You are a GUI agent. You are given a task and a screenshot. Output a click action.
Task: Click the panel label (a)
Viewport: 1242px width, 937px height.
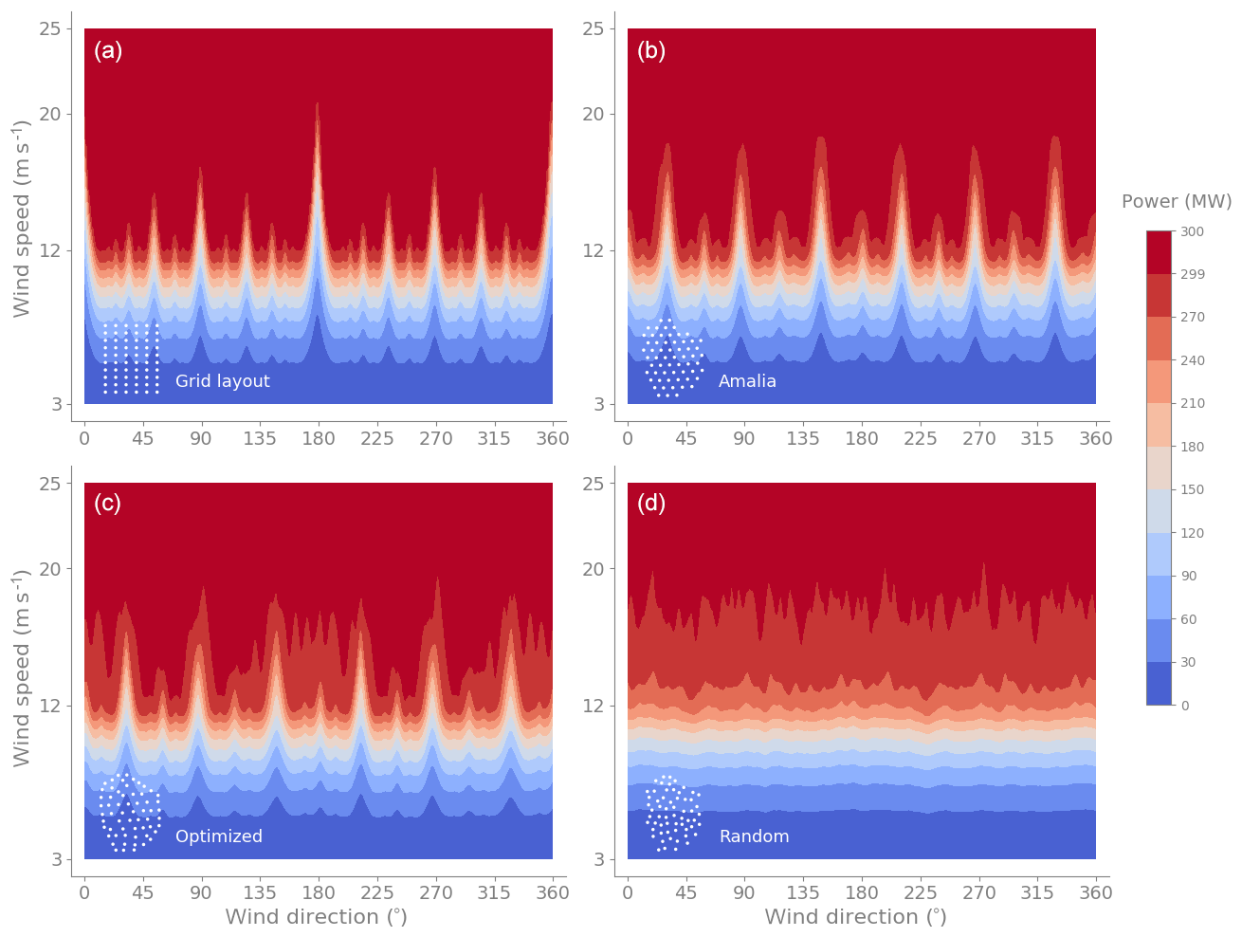108,51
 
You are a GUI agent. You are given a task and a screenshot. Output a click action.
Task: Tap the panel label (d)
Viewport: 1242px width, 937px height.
651,504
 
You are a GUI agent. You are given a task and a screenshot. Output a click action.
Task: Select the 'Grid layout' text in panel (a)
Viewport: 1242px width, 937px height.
223,381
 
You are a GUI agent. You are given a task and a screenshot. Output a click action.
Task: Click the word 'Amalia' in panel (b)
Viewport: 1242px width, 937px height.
747,381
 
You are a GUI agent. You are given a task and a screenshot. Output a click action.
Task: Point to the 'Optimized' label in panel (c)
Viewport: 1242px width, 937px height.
219,836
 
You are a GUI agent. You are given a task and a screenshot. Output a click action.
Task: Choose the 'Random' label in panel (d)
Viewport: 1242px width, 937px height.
754,836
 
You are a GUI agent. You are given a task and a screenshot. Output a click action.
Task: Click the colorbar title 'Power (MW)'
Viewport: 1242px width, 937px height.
1177,202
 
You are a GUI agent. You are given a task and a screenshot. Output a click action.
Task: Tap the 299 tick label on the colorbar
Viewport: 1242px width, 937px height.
1192,275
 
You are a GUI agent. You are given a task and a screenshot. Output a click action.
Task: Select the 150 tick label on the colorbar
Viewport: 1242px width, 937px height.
1192,490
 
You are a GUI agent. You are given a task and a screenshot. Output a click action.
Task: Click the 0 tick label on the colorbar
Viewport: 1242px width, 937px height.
1185,706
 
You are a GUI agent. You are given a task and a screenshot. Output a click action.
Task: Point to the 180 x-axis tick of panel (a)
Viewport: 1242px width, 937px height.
319,439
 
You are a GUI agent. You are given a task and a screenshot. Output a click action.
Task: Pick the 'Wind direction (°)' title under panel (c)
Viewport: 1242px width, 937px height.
316,917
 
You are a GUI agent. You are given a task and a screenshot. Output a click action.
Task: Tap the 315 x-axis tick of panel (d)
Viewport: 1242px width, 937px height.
1037,893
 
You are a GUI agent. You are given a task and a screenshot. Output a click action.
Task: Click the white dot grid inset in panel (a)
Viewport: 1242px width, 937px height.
130,358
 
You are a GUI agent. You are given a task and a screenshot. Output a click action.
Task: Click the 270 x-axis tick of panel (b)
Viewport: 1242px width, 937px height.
979,439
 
